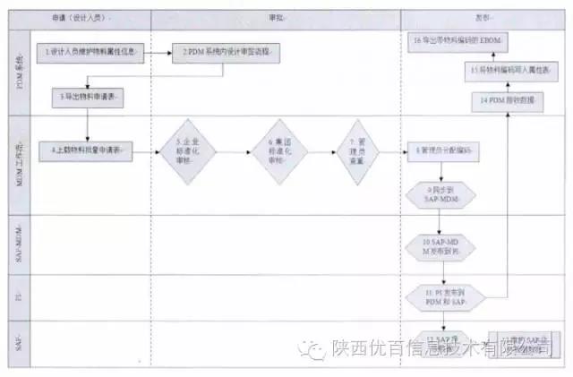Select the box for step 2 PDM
click(224, 54)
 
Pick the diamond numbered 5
click(187, 152)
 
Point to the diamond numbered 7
click(357, 152)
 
